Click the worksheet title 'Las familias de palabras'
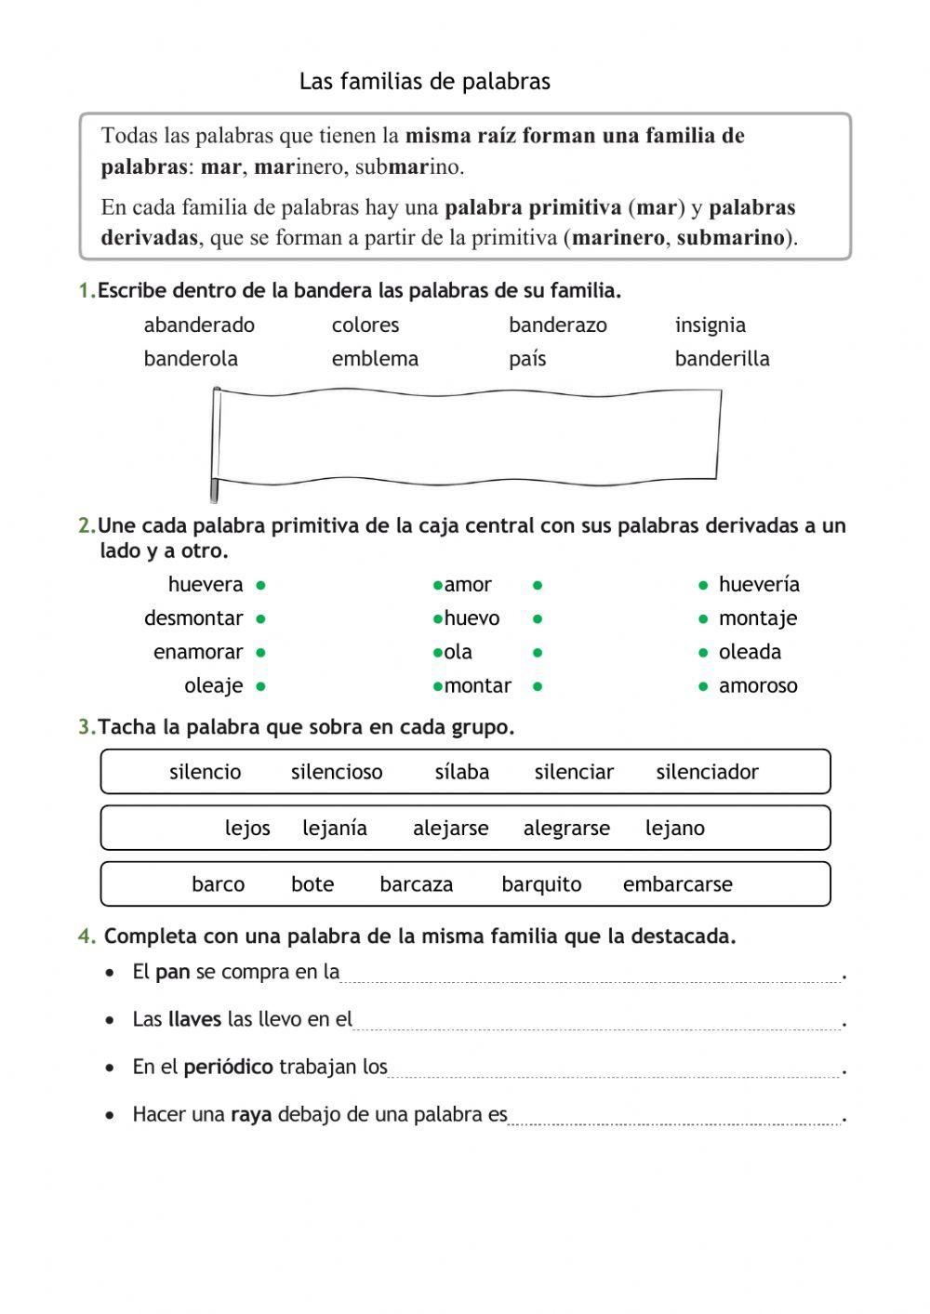point(424,82)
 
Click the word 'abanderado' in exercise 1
point(199,325)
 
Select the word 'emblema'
point(375,359)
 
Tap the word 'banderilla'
point(722,359)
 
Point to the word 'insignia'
point(710,325)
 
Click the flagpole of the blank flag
point(216,445)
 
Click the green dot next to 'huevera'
point(261,585)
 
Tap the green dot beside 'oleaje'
point(261,686)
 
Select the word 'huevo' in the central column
point(472,618)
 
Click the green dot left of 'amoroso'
point(703,686)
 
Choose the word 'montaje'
point(757,618)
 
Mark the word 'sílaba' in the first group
point(461,772)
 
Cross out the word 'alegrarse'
point(566,829)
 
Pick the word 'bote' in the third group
point(312,884)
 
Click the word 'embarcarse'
point(677,884)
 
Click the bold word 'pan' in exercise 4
point(172,973)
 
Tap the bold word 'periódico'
point(228,1068)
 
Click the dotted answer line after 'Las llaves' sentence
point(597,1023)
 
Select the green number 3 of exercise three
point(85,727)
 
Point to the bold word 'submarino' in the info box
point(731,238)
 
